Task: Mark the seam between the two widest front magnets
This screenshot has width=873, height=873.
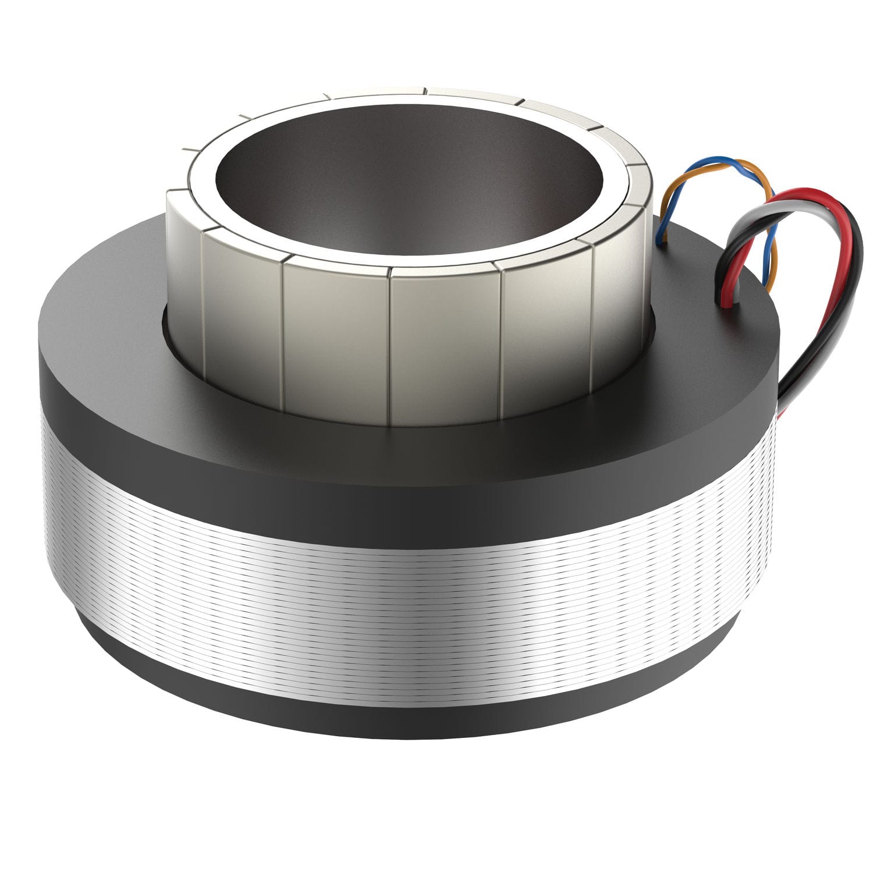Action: (x=391, y=349)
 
